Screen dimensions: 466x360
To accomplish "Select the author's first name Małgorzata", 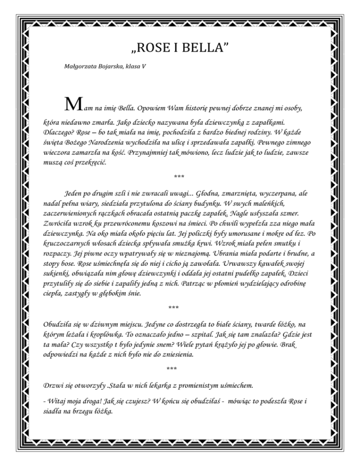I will (80, 67).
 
